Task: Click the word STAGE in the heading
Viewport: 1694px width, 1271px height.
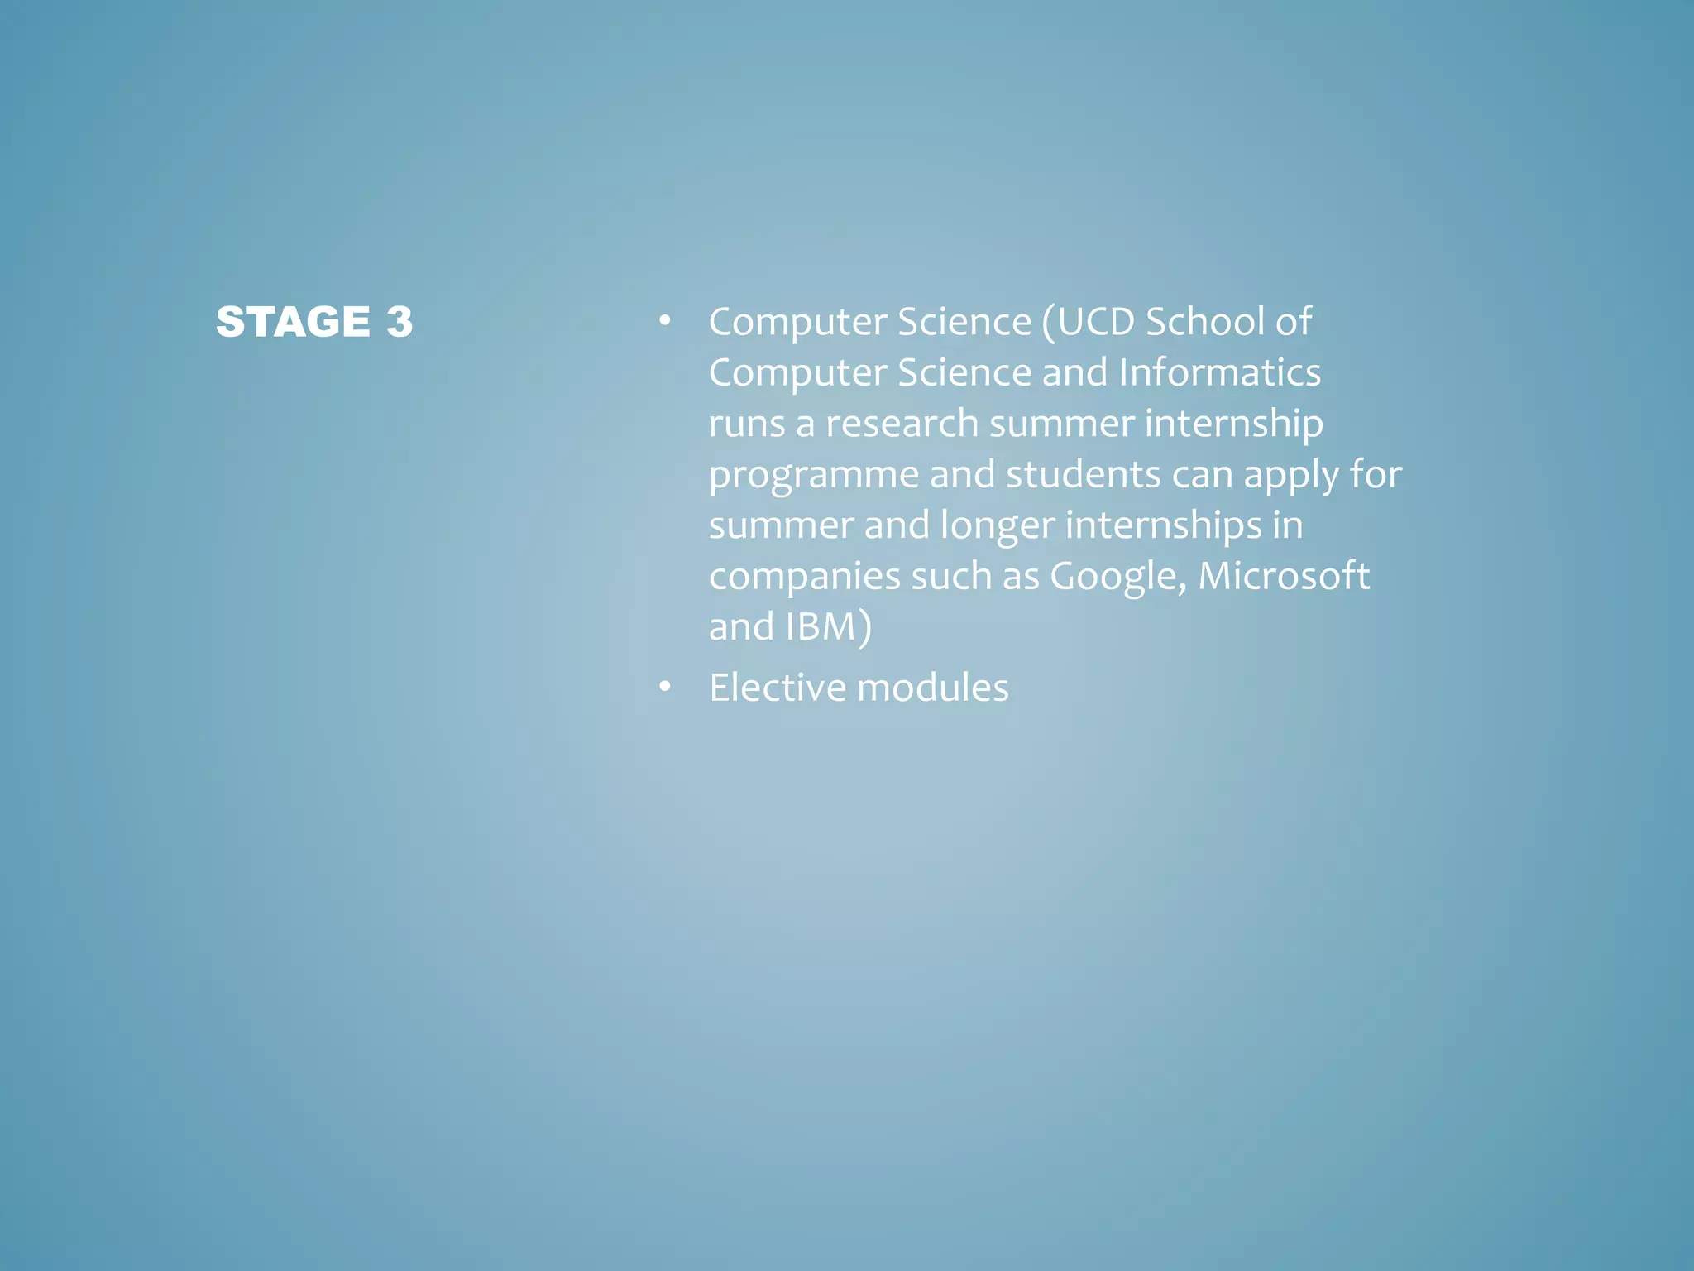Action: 293,322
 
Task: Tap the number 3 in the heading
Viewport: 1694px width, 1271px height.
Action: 400,322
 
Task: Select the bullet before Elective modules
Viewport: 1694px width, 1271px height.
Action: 664,688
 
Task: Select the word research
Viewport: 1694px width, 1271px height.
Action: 902,424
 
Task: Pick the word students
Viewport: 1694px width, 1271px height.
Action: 1083,475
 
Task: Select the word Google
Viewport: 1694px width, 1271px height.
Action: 1116,577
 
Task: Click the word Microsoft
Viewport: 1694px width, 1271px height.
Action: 1283,576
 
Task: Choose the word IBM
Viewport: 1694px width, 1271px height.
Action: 820,626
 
